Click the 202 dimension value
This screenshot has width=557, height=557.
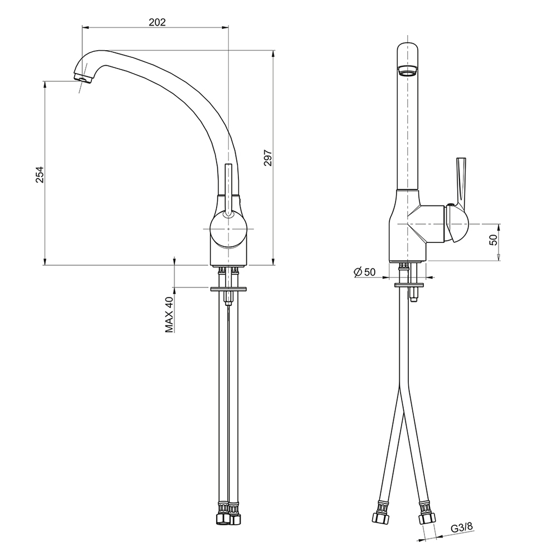click(x=157, y=22)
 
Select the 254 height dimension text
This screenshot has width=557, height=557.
click(x=40, y=174)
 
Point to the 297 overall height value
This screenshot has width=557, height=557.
click(x=268, y=158)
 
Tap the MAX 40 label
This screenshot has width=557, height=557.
click(x=170, y=314)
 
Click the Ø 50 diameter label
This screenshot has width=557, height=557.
click(x=364, y=272)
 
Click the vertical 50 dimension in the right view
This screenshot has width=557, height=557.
click(x=494, y=240)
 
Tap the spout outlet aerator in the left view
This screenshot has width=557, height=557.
click(x=82, y=78)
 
